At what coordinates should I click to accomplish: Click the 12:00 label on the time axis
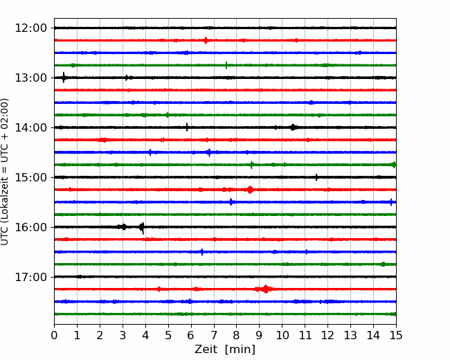30,28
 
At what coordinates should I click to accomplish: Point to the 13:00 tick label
30,78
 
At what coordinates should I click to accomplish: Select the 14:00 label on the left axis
30,127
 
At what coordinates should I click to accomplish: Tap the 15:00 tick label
30,177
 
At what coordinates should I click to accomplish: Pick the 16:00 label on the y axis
30,227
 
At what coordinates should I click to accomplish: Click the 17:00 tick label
30,277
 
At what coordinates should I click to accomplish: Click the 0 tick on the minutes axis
54,335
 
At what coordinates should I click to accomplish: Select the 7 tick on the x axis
214,335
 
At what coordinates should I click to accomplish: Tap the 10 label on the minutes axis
282,335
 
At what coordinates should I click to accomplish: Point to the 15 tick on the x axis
396,335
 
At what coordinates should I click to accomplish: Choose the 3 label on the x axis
123,335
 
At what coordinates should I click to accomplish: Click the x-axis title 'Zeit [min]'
225,350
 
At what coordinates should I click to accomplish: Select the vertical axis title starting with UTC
5,172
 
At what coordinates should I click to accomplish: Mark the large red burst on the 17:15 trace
266,289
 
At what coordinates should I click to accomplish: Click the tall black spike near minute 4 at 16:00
142,228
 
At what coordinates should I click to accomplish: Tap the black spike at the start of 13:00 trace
64,78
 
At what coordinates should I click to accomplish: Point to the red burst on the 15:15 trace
250,190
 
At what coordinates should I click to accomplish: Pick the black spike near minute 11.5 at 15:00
316,177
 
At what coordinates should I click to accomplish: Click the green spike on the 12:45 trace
226,65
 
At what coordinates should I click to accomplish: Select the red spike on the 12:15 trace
206,40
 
